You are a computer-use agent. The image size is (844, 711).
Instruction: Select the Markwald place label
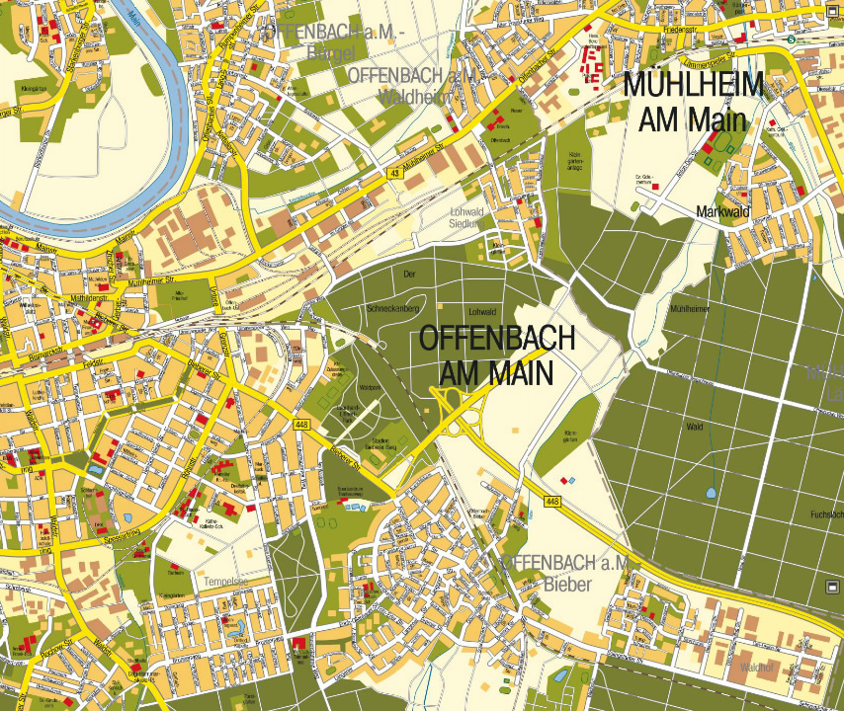[723, 211]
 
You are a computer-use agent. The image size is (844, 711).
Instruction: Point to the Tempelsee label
[225, 582]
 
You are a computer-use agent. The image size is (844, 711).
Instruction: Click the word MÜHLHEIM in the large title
[693, 86]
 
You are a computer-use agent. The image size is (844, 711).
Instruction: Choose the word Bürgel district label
[330, 52]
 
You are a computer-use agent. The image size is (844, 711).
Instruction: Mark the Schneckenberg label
[394, 307]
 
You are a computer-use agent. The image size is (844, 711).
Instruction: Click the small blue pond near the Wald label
[711, 491]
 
